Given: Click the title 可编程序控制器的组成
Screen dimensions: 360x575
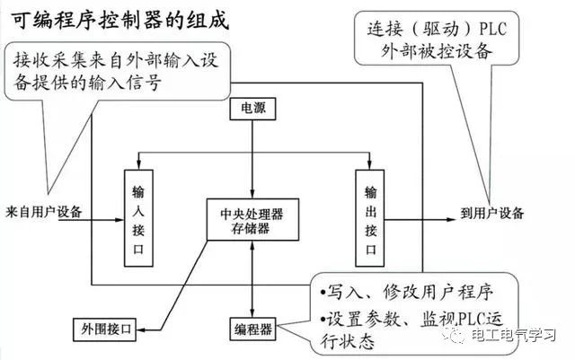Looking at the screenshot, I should (x=114, y=19).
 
